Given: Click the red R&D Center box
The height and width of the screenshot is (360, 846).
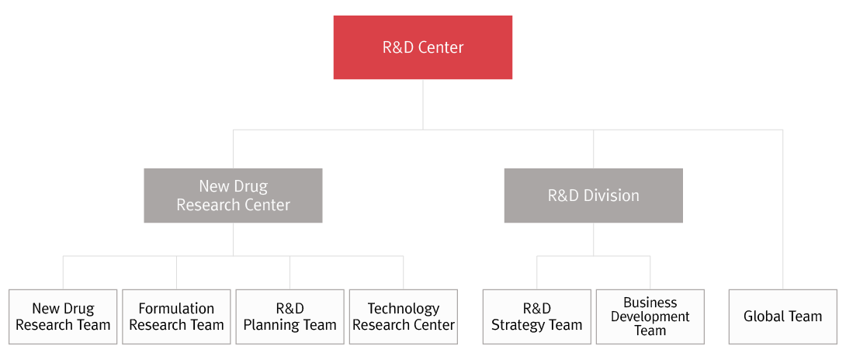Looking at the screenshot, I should [423, 47].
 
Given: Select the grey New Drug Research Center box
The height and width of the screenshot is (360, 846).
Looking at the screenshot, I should [233, 196].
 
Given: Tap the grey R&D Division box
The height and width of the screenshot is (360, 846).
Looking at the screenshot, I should [593, 196].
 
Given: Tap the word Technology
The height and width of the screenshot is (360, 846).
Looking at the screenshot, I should [404, 309].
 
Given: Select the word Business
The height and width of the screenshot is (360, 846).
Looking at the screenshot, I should [650, 303].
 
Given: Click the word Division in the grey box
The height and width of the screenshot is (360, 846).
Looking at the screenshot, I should [614, 196].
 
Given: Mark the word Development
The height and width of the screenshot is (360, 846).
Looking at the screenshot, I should [650, 317].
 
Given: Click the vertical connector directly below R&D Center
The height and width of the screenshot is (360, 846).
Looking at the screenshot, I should [423, 104].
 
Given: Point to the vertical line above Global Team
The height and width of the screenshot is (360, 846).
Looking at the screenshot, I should [782, 209].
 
